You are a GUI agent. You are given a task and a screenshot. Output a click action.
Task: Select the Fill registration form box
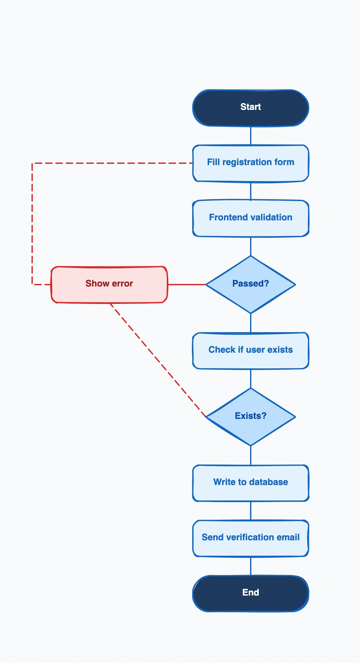tap(251, 163)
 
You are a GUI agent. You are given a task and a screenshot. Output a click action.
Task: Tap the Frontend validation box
tap(251, 218)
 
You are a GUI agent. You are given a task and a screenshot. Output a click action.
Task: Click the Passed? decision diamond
tap(251, 284)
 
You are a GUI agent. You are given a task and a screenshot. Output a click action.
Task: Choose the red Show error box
tap(109, 284)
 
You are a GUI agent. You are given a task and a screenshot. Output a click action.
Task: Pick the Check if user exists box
tap(251, 350)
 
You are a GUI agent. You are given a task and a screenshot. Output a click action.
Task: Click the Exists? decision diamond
tap(251, 417)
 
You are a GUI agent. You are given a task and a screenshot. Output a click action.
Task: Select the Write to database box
tap(251, 483)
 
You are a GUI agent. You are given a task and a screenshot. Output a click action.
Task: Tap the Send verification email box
tap(251, 538)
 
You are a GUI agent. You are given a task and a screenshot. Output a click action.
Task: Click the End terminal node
tap(251, 593)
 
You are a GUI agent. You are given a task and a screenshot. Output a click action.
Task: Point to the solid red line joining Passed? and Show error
tap(186, 284)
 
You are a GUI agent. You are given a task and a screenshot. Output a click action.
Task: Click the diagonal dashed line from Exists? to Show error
tap(157, 360)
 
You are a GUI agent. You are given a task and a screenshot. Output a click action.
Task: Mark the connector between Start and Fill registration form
tap(251, 136)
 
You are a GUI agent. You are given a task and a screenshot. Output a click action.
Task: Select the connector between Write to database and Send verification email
tap(251, 510)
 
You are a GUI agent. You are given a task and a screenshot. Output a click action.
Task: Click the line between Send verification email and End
tap(251, 566)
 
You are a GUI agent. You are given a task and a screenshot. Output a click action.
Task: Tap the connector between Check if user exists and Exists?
tap(251, 378)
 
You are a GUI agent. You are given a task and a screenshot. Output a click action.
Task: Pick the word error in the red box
tap(122, 284)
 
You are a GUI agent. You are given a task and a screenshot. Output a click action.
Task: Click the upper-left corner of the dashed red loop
tap(32, 164)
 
